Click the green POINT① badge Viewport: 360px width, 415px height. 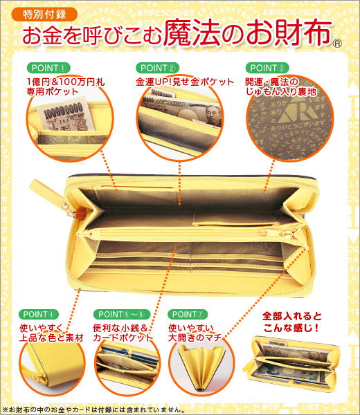coord(47,68)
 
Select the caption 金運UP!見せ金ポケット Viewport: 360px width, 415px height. coord(185,82)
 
